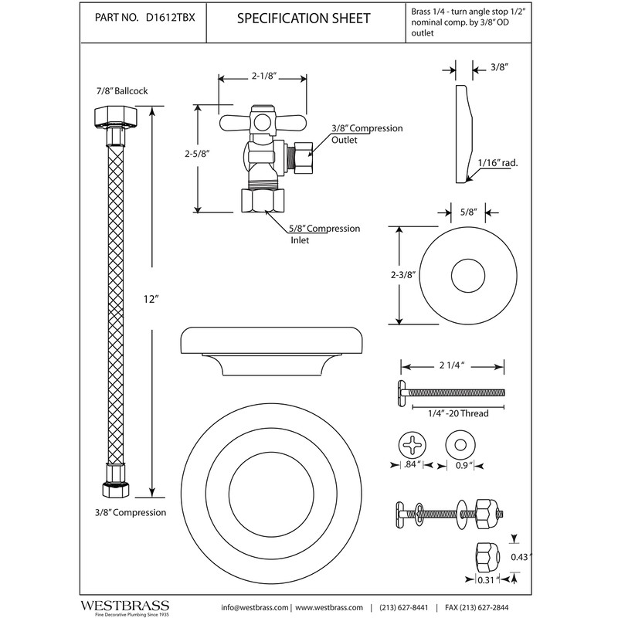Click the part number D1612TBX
170,18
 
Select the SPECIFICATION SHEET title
304,18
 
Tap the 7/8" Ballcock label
122,90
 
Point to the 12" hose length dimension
151,299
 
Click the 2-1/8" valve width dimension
263,76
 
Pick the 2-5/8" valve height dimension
197,154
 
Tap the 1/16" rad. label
497,162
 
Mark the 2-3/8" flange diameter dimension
403,274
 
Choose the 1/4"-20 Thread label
458,413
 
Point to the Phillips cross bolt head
413,445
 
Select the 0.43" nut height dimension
521,557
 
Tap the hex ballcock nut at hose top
116,117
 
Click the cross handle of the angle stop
262,123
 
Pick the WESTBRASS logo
125,606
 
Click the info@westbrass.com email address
255,607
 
